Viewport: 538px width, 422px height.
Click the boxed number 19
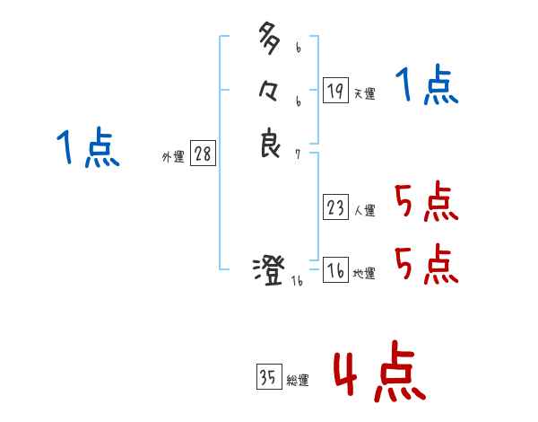[335, 90]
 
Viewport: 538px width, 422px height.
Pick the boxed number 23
[335, 208]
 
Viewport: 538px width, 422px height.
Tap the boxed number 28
[203, 154]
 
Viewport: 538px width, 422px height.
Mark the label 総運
[298, 381]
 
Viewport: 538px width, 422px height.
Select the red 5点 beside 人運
[426, 203]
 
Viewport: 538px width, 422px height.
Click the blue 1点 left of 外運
[87, 148]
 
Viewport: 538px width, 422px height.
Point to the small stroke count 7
[298, 154]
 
